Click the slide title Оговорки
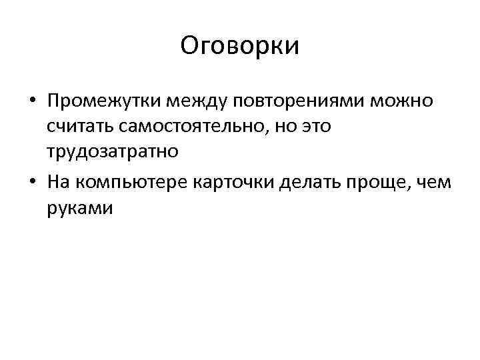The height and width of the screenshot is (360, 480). [x=240, y=46]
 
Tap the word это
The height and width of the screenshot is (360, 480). [x=312, y=126]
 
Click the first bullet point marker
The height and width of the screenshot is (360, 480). [x=31, y=102]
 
